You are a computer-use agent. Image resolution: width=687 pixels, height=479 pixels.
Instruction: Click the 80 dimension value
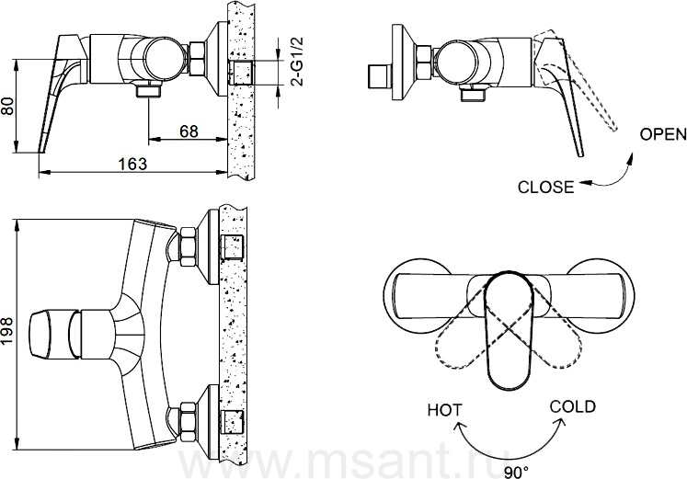(x=9, y=107)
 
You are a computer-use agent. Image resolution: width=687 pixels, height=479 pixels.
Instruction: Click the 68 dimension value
(x=189, y=131)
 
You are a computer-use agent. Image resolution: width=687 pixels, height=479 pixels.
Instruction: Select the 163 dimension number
(x=132, y=164)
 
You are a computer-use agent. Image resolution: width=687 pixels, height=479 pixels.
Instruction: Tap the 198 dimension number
(x=9, y=331)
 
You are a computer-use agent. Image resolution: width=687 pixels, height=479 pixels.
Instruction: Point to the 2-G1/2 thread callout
(x=297, y=62)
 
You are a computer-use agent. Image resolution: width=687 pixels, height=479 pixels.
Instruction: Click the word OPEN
(x=663, y=134)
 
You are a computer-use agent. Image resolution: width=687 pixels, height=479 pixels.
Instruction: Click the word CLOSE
(x=545, y=188)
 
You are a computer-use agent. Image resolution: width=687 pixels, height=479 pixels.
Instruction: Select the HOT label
(x=445, y=410)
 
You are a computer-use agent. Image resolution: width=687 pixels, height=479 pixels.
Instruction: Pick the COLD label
(x=573, y=406)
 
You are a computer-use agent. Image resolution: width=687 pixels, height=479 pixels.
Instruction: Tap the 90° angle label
(x=516, y=473)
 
